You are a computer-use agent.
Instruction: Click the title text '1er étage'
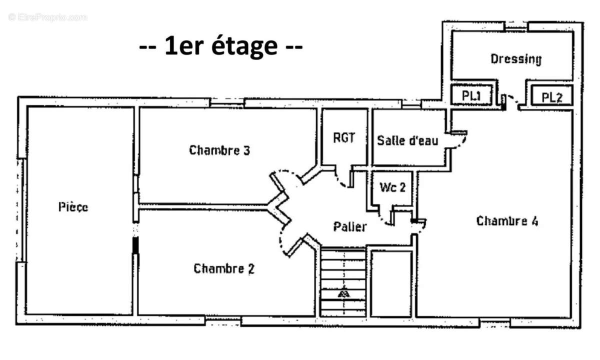click(220, 47)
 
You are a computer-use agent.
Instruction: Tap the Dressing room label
click(515, 59)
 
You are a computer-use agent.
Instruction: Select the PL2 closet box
click(552, 96)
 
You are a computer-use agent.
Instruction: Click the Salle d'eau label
click(407, 140)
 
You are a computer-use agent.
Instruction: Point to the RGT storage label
click(344, 137)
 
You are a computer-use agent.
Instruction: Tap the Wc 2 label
click(392, 187)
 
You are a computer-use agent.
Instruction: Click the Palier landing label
click(350, 226)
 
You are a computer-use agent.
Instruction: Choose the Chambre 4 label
click(507, 221)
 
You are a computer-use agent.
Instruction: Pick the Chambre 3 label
click(219, 150)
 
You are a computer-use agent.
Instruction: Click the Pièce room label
click(73, 206)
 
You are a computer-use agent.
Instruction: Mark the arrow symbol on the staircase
click(343, 293)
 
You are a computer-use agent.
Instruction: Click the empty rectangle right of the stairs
click(391, 283)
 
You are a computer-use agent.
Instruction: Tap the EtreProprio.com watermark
click(47, 17)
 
